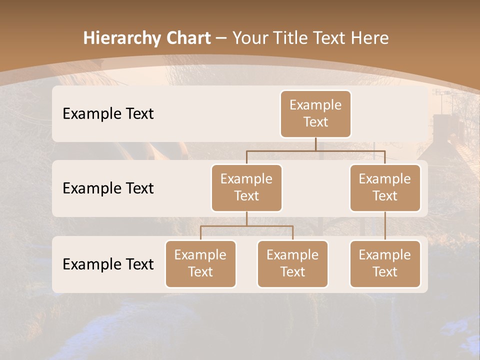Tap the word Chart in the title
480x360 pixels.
(186, 38)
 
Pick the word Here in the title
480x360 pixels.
(370, 38)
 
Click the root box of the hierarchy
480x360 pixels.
(315, 114)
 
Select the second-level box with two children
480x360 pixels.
(246, 188)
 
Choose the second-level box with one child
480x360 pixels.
(385, 188)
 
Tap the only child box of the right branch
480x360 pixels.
(385, 264)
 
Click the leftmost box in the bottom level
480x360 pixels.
(200, 264)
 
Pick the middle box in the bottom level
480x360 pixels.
(292, 264)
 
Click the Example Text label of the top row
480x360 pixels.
(108, 114)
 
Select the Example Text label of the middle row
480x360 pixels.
(108, 188)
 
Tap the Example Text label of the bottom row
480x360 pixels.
(108, 264)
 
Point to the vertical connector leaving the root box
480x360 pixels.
(315, 144)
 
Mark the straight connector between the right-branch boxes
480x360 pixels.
(385, 226)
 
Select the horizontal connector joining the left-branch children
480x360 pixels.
(246, 226)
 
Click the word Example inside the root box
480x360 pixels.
(315, 105)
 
